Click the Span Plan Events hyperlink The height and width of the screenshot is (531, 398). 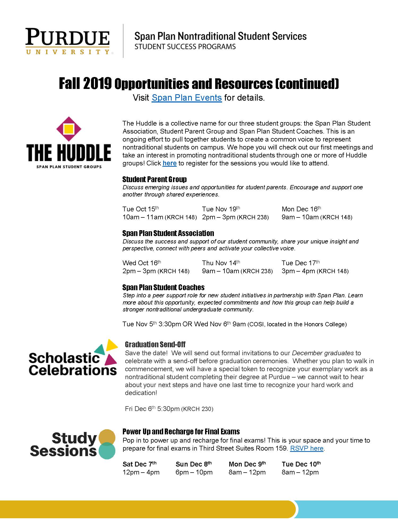[187, 98]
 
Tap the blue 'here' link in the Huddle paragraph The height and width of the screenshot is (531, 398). [170, 163]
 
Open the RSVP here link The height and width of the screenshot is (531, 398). [307, 448]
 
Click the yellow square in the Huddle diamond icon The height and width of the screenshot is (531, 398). [69, 129]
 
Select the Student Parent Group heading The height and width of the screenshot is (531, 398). [154, 179]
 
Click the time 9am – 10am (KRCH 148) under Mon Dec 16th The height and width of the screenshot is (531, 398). [317, 217]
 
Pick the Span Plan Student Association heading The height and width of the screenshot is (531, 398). [168, 233]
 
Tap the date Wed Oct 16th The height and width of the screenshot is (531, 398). [142, 263]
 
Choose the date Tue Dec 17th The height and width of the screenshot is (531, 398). [300, 263]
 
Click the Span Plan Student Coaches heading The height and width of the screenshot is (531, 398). [163, 287]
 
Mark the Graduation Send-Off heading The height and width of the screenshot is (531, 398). [155, 344]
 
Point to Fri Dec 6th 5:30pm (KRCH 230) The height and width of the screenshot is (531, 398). [169, 409]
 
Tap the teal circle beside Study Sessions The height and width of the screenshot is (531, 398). [107, 451]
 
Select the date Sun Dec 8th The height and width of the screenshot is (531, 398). [193, 464]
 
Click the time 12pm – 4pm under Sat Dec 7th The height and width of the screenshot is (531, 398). [141, 472]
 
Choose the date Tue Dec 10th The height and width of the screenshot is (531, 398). [301, 464]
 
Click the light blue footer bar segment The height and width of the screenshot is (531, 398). [348, 509]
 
